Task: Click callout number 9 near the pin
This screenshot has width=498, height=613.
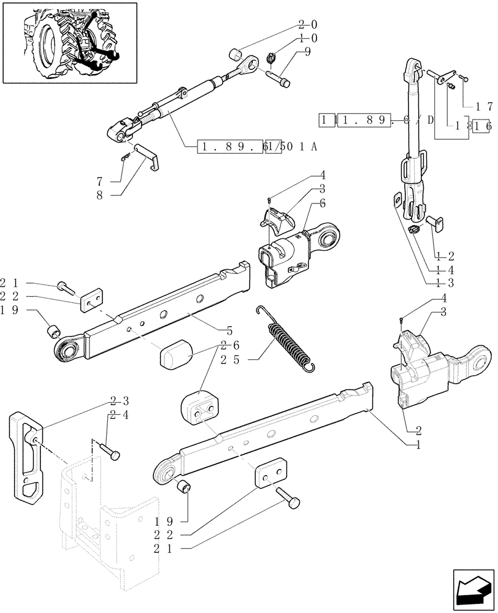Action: pyautogui.click(x=307, y=53)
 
